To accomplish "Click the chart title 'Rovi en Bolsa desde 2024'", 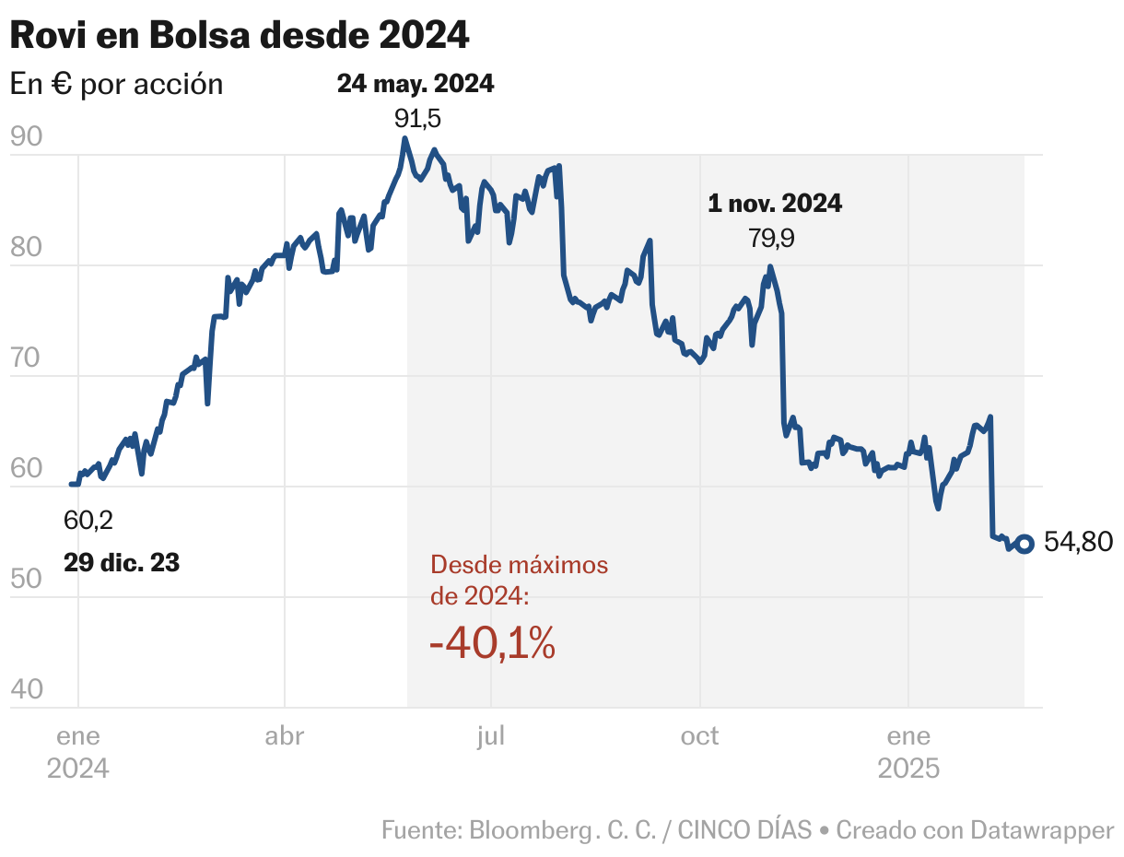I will click(x=240, y=35).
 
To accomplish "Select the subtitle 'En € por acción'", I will click(x=116, y=84).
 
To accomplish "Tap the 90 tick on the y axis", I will click(x=27, y=137).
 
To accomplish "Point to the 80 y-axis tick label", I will click(x=27, y=248).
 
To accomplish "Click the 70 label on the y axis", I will click(x=27, y=358).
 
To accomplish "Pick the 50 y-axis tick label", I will click(x=27, y=580).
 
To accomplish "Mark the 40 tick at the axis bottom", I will click(x=27, y=690).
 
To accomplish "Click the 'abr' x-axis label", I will click(x=285, y=736).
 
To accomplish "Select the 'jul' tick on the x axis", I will click(x=491, y=736).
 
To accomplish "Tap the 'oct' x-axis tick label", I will click(x=699, y=736).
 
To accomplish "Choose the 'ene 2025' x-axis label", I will click(x=908, y=752).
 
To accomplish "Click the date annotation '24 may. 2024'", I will click(x=416, y=84).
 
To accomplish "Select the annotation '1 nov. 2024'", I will click(x=775, y=204).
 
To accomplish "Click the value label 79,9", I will click(x=771, y=239).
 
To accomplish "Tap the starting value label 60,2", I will click(x=88, y=521).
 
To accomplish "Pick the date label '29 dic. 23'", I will click(x=122, y=562).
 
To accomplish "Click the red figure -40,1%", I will click(x=492, y=643).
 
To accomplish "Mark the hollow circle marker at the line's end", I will click(x=1024, y=543).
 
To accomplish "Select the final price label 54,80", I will click(x=1078, y=543).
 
